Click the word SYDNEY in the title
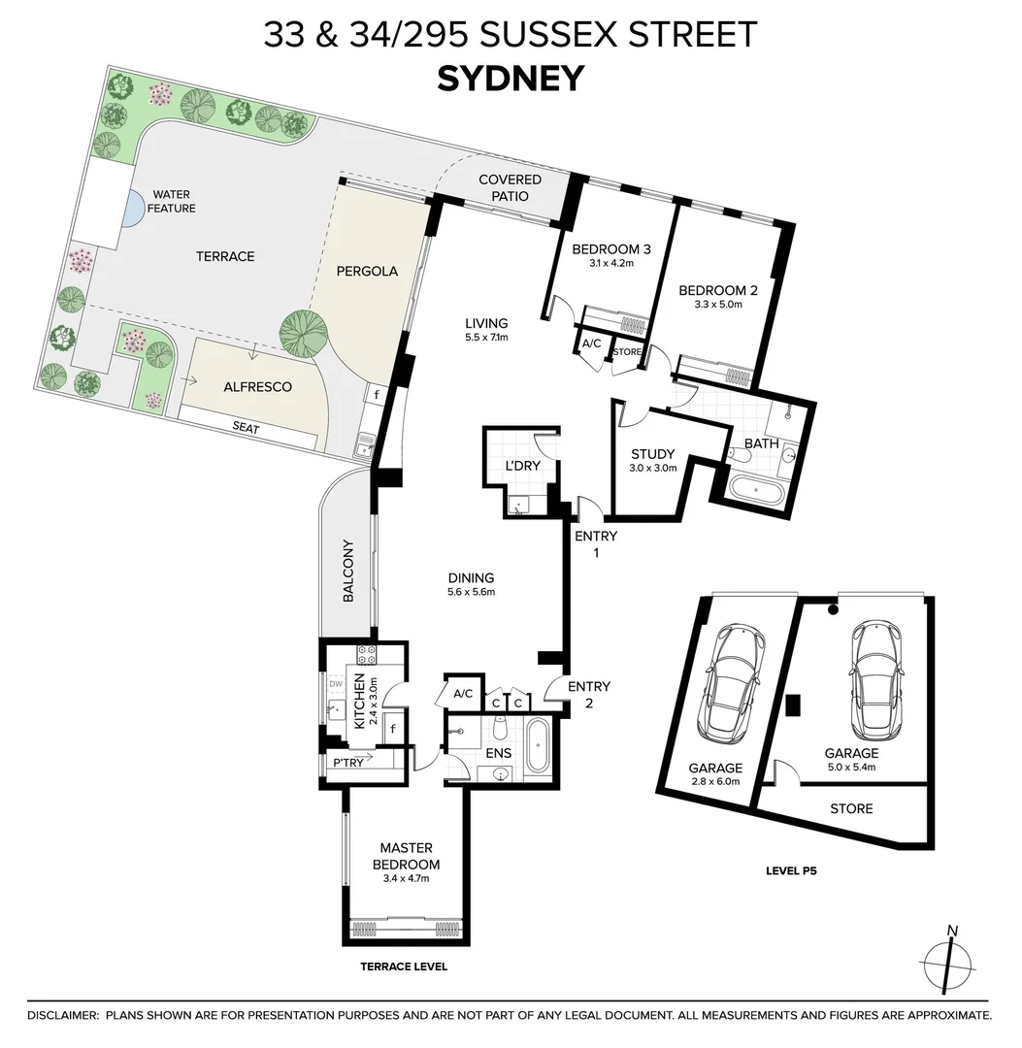[511, 78]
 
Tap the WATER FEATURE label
[171, 202]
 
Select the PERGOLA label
[367, 271]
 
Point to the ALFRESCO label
[257, 386]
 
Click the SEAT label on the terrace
[246, 427]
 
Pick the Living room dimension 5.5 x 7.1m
[486, 338]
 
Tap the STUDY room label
[652, 454]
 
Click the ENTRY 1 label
[595, 543]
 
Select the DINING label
[471, 577]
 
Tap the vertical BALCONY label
[349, 572]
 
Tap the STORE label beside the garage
[851, 808]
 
